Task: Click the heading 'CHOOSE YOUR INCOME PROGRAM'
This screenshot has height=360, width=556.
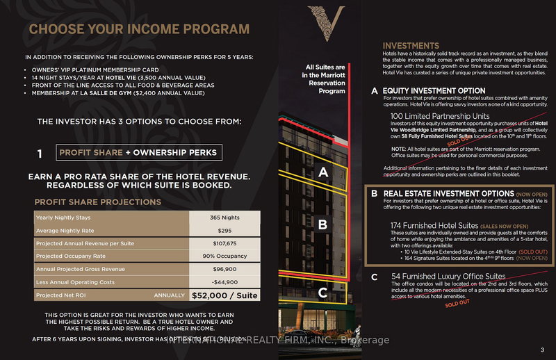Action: click(x=139, y=29)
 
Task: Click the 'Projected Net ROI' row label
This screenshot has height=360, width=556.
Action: click(x=64, y=295)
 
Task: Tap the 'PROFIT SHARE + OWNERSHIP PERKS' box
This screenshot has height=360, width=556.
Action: click(x=137, y=152)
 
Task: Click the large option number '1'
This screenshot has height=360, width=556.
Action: click(x=41, y=153)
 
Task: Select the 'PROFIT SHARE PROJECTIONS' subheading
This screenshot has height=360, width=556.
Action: click(x=97, y=202)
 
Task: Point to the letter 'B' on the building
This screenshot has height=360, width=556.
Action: click(x=322, y=224)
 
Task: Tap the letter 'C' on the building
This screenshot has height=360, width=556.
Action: click(x=322, y=293)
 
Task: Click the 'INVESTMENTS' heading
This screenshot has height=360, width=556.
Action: click(x=411, y=46)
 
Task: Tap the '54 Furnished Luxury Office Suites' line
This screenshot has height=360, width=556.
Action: click(x=448, y=276)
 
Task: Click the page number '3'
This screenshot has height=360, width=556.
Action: click(x=541, y=349)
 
